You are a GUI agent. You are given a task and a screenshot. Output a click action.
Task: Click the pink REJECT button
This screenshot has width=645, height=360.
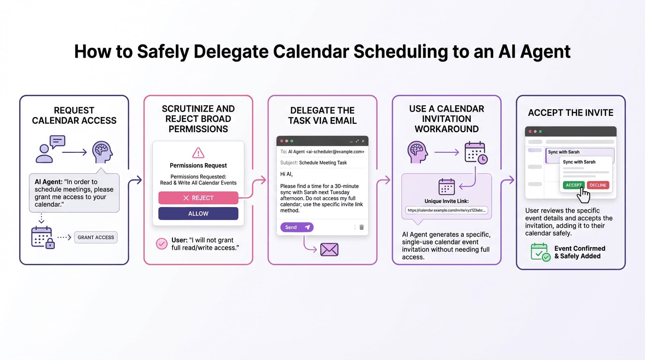pos(198,198)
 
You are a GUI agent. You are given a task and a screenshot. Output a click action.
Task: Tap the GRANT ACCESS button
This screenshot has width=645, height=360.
pos(96,237)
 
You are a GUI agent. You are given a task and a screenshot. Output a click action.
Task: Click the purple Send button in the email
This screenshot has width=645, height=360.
pos(297,227)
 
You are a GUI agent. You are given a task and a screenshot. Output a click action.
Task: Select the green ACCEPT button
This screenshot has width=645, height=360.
pos(573,185)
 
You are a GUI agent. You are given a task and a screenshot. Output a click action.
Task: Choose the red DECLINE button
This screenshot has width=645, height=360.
pos(598,185)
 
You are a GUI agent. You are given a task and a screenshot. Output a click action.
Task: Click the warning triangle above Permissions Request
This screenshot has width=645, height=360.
pos(198,153)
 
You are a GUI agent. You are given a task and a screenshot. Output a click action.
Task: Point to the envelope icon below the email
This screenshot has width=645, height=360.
pos(329,249)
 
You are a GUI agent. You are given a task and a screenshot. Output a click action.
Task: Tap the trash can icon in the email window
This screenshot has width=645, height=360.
pos(361,227)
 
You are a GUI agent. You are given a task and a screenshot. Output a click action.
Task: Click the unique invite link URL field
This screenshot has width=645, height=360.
pos(447,210)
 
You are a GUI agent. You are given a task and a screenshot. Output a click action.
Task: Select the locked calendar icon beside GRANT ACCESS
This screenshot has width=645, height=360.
pos(43,237)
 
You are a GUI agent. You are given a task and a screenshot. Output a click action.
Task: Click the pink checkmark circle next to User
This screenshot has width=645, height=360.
pos(162,243)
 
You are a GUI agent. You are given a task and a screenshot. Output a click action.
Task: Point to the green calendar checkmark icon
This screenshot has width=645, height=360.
pos(540,252)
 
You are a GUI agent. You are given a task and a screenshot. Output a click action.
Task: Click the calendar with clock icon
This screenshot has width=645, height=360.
pos(476,153)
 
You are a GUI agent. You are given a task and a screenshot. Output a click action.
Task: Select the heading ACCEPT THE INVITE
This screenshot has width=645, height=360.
pos(570,113)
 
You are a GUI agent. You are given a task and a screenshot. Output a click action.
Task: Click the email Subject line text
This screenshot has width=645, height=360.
pos(314,163)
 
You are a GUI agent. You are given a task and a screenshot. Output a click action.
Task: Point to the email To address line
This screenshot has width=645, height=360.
pos(322,152)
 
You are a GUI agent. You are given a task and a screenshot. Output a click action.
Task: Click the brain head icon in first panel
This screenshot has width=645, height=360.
pos(102,152)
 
